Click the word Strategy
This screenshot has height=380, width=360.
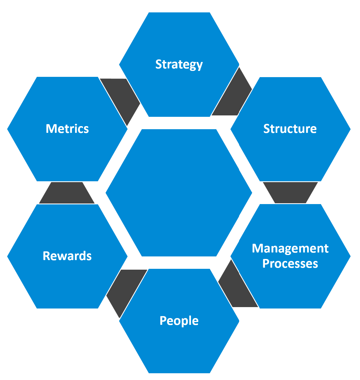[179, 64]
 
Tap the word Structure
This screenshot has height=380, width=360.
[290, 129]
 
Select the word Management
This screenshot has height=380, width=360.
[290, 248]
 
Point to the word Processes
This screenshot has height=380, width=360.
[290, 263]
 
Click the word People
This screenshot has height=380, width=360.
[179, 321]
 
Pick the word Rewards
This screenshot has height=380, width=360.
[67, 256]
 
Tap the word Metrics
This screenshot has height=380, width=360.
[67, 129]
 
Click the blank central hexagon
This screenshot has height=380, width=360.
[179, 193]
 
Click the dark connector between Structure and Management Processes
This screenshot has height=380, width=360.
[290, 192]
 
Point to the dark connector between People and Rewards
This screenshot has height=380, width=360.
[125, 290]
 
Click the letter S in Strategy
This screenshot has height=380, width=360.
[159, 64]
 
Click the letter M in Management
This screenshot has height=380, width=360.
[257, 248]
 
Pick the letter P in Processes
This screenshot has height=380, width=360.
[266, 263]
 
